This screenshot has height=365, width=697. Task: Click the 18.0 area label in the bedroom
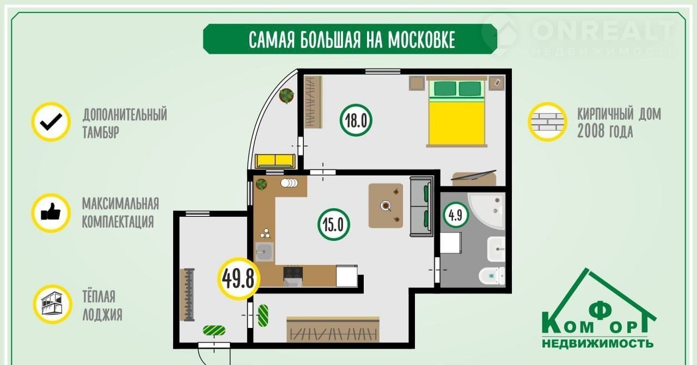(x=356, y=120)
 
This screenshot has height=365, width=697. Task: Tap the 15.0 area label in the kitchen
(x=334, y=224)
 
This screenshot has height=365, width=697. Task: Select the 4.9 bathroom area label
(x=456, y=215)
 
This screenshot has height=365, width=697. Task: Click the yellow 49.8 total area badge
(x=239, y=279)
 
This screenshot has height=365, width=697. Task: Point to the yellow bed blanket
(x=456, y=124)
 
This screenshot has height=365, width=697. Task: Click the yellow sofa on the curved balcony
(x=275, y=161)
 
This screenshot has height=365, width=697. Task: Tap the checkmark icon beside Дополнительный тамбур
(x=51, y=122)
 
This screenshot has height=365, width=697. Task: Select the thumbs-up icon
(x=51, y=213)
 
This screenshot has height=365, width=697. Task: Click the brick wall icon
(x=547, y=122)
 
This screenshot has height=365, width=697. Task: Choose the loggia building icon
(x=52, y=305)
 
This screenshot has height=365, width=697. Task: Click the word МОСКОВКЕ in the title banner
(x=421, y=40)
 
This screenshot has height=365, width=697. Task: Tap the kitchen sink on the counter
(x=265, y=252)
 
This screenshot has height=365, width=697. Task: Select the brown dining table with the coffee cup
(x=386, y=205)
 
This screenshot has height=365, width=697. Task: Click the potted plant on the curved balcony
(x=286, y=96)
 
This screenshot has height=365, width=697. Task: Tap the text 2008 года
(x=605, y=132)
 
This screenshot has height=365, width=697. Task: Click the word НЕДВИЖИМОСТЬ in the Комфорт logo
(x=597, y=344)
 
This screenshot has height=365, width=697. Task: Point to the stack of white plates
(x=289, y=183)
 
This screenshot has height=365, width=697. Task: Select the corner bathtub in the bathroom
(x=486, y=211)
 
